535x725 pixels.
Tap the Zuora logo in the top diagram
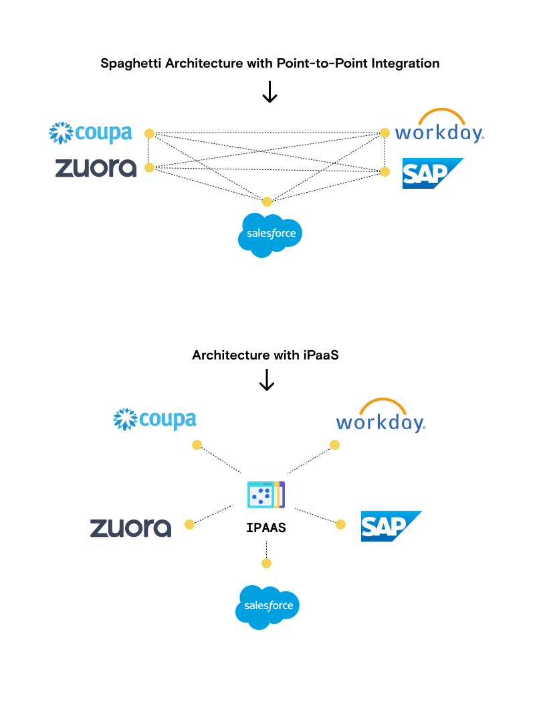(x=96, y=167)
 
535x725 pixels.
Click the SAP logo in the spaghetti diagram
(x=431, y=173)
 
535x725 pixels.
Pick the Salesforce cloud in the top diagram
(x=270, y=234)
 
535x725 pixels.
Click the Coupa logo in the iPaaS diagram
(x=154, y=420)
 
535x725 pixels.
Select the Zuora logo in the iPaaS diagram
(x=130, y=528)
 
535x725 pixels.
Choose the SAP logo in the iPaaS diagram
(x=391, y=526)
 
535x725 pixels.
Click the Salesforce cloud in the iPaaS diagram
(x=267, y=606)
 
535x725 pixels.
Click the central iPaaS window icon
(x=266, y=495)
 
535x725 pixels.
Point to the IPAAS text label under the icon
(x=266, y=528)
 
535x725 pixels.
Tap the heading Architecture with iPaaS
(x=265, y=355)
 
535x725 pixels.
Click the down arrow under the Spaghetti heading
(x=270, y=92)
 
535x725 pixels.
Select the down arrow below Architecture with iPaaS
(x=267, y=380)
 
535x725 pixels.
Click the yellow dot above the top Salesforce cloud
(x=267, y=202)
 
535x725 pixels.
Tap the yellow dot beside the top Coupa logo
(x=150, y=134)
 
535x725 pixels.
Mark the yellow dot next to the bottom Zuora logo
(x=190, y=524)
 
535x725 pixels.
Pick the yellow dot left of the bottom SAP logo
(x=340, y=524)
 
